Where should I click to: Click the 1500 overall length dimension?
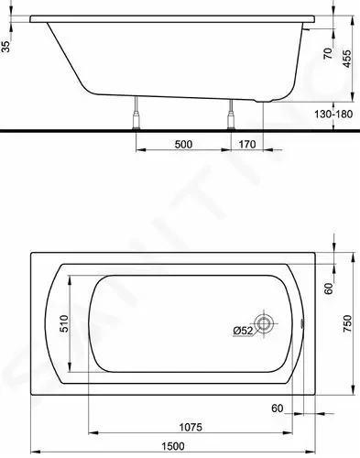pos(173,446)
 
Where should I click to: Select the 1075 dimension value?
pos(191,427)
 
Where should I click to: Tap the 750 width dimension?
pos(348,323)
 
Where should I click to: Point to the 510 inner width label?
pos(64,323)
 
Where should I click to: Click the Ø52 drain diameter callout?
pos(243,331)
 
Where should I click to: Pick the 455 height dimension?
pos(347,59)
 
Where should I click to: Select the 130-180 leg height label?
pos(333,114)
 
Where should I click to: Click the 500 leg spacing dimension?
pos(183,144)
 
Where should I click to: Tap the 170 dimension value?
pos(247,144)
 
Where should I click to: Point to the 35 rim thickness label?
pos(6,47)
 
